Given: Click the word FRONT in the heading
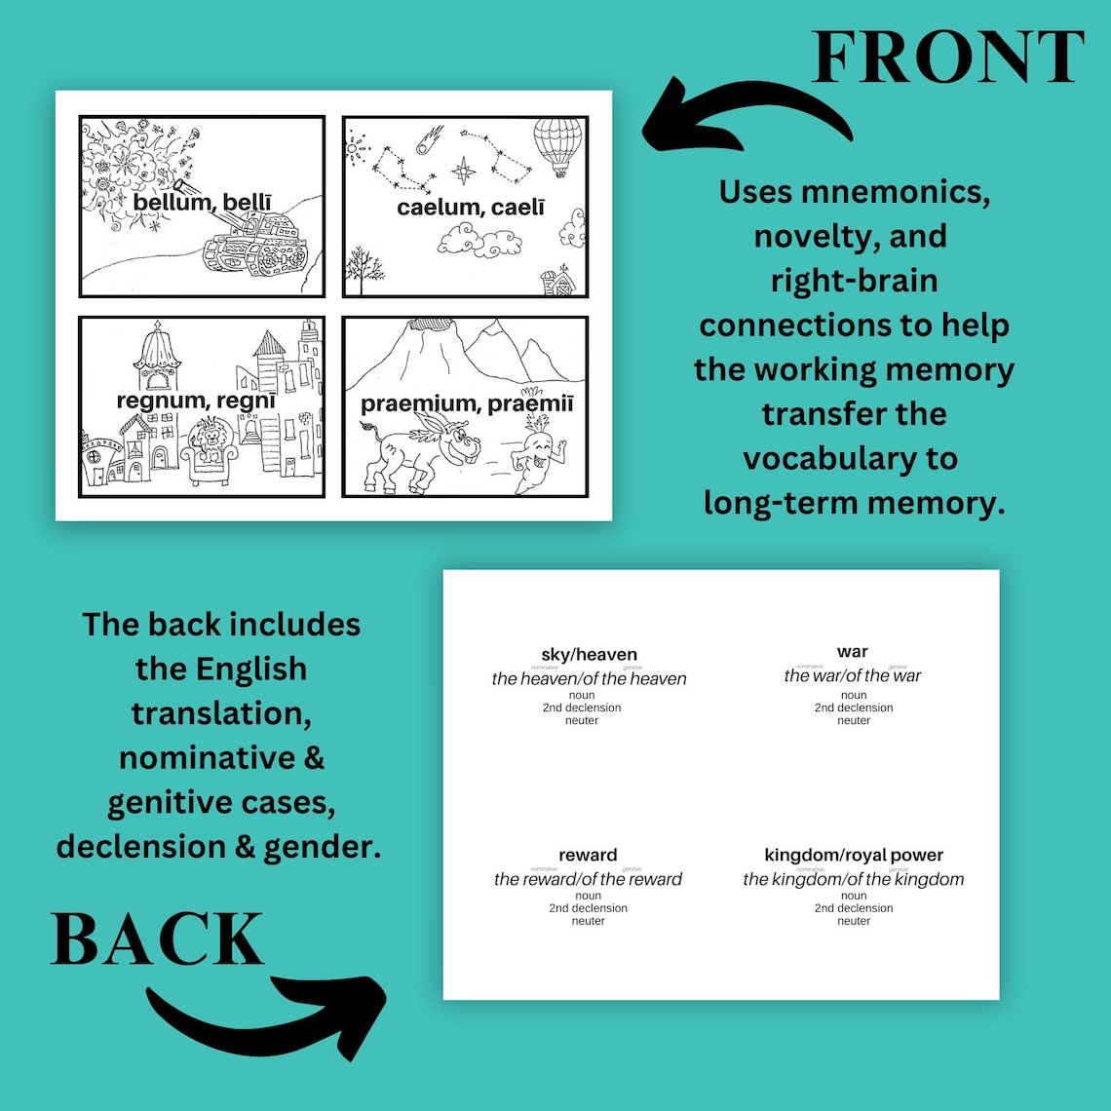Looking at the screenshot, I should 947,56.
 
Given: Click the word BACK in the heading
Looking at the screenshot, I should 157,939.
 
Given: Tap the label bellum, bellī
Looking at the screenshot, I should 203,202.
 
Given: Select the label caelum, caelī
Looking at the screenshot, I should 471,208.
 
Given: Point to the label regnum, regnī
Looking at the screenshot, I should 196,401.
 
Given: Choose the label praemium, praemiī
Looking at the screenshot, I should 467,403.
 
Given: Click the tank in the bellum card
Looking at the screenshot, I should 254,251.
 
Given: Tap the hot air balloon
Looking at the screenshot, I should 557,144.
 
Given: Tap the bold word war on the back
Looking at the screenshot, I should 852,651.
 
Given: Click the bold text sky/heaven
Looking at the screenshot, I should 589,654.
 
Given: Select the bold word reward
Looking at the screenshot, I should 588,855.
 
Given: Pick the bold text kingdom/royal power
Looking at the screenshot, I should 854,855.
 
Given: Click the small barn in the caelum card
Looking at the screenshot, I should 558,282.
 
